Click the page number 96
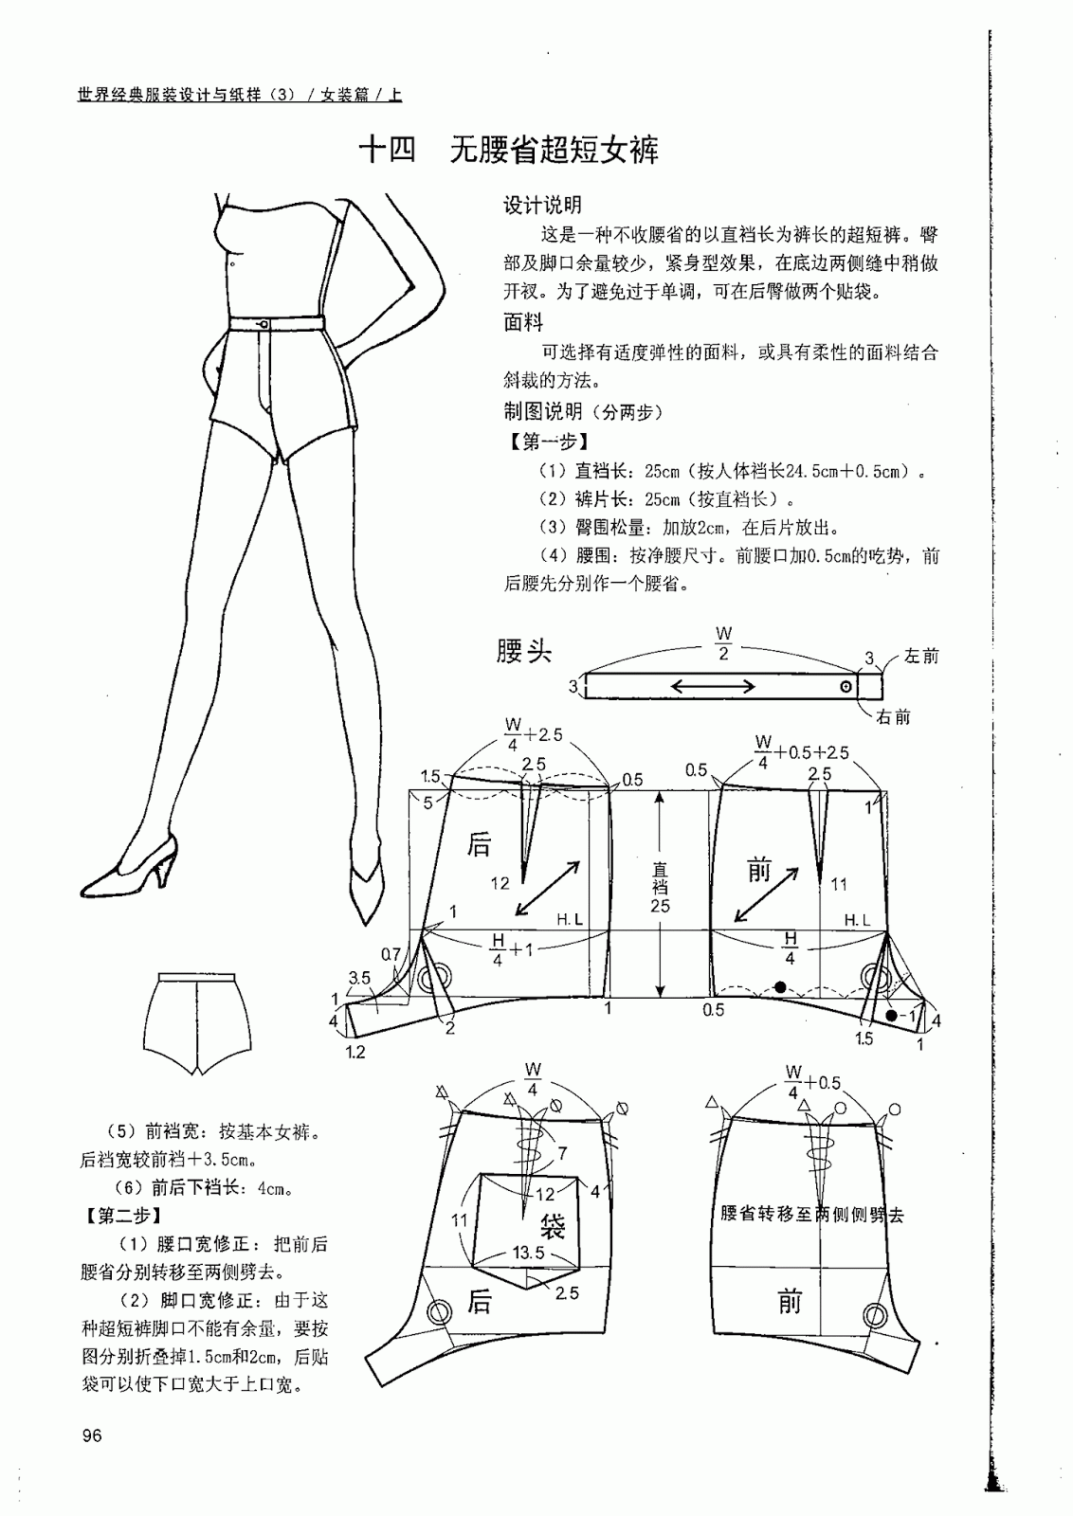click(91, 1435)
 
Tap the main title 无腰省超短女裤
click(554, 151)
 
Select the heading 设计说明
click(542, 205)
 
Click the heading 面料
click(522, 322)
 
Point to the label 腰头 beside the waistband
click(524, 651)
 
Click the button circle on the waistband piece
click(846, 686)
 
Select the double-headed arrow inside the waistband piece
click(713, 686)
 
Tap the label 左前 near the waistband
click(921, 656)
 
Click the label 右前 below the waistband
click(894, 717)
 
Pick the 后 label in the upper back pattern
click(479, 844)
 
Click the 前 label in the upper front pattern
click(759, 870)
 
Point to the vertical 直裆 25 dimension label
click(660, 887)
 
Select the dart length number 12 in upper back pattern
click(500, 882)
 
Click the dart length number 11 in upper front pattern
click(839, 884)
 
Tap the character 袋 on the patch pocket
click(553, 1225)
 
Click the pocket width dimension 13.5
click(528, 1253)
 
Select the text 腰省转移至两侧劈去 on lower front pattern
click(812, 1214)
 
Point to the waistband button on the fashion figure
click(264, 325)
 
